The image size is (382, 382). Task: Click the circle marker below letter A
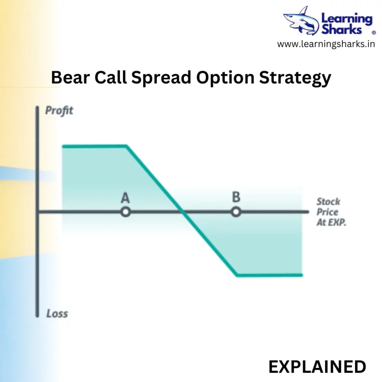(x=125, y=212)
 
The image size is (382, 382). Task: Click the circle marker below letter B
(x=236, y=212)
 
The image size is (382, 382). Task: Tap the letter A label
(x=125, y=198)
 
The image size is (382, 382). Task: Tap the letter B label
(x=236, y=197)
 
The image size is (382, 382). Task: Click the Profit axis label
(x=59, y=110)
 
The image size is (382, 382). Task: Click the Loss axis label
(x=57, y=313)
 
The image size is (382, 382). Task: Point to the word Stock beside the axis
(x=328, y=202)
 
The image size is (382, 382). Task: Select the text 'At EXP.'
(x=331, y=222)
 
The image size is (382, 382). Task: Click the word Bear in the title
(x=70, y=78)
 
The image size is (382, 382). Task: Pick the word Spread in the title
(x=161, y=78)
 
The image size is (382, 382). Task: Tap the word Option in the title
(x=225, y=78)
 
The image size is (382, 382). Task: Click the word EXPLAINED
(x=317, y=367)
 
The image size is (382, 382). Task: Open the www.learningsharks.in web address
(x=326, y=44)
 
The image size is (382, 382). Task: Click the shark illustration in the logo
(x=301, y=21)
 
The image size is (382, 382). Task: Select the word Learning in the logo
(x=347, y=19)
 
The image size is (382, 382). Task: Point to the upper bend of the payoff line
(x=126, y=146)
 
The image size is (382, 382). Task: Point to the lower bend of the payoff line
(x=237, y=275)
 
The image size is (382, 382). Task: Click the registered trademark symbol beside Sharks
(x=374, y=32)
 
